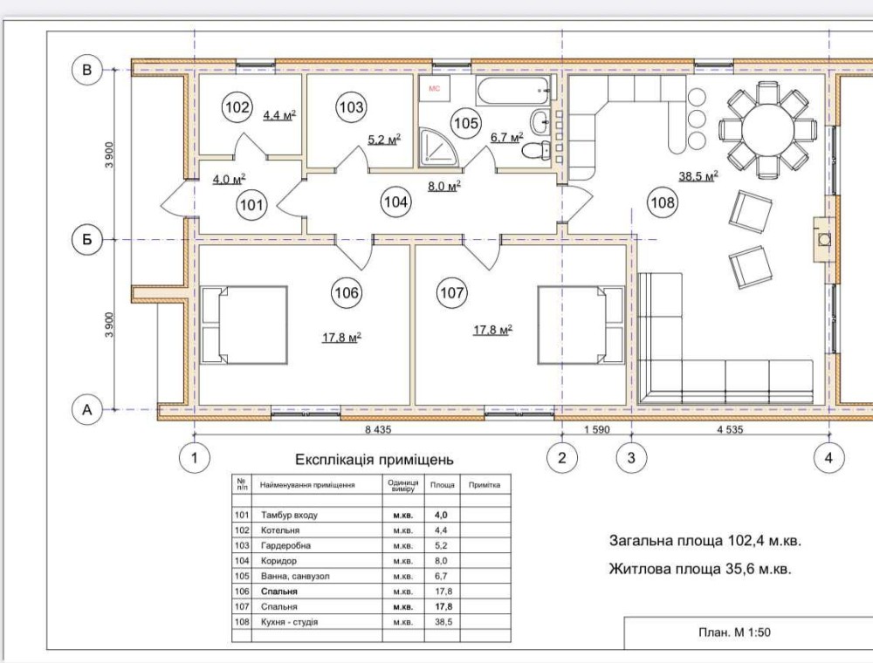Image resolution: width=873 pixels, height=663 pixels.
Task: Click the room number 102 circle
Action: click(x=237, y=106)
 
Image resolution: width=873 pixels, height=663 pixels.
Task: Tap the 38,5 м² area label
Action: click(x=698, y=176)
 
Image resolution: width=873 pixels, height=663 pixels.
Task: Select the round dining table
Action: click(x=767, y=130)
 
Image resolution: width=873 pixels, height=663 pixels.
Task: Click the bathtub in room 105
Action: click(x=512, y=91)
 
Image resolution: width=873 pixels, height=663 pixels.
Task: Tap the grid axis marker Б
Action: click(x=86, y=239)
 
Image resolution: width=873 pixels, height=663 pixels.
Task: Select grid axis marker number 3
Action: click(x=631, y=458)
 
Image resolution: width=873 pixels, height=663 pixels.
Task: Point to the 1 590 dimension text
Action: click(x=597, y=429)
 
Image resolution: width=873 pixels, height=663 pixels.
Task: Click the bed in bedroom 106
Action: click(x=244, y=325)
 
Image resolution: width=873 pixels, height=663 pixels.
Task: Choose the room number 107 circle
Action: click(x=451, y=292)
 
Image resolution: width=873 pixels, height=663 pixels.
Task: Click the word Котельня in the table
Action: click(x=280, y=530)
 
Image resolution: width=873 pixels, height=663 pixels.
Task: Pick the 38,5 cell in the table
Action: click(x=443, y=622)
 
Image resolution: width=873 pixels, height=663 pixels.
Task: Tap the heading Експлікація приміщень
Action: click(x=375, y=460)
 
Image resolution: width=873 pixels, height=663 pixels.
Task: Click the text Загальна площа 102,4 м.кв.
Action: click(x=705, y=541)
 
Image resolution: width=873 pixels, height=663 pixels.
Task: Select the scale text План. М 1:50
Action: click(x=734, y=632)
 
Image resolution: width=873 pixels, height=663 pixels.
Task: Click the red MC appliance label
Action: click(x=434, y=88)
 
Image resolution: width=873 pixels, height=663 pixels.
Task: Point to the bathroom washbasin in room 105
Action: click(x=540, y=122)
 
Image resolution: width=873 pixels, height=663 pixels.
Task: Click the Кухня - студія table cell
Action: click(x=289, y=622)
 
